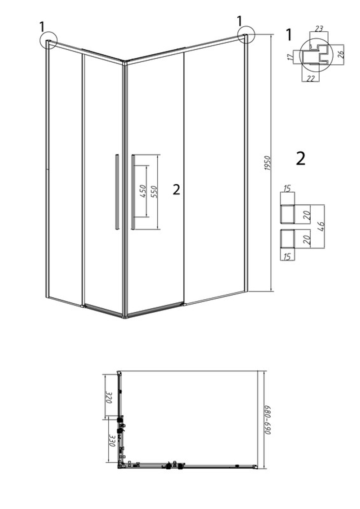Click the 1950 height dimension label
(268, 163)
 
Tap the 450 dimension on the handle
(143, 191)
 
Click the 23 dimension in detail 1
(319, 28)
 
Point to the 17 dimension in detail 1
(290, 57)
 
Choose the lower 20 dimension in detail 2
(307, 240)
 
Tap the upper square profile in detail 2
(288, 214)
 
